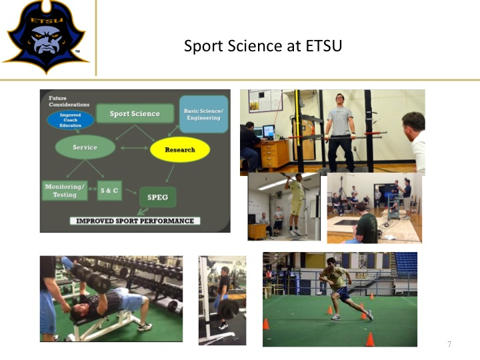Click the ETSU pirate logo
click(x=46, y=37)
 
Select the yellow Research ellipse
click(x=180, y=150)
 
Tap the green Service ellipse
click(x=85, y=147)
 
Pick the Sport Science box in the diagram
click(x=135, y=113)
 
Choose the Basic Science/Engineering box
click(x=204, y=114)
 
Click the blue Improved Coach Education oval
click(x=71, y=120)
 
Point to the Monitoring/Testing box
click(x=65, y=191)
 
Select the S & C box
click(x=109, y=191)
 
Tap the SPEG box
click(x=157, y=197)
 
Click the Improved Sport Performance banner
click(x=135, y=221)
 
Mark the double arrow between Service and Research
click(x=134, y=148)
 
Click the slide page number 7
click(x=449, y=345)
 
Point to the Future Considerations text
click(x=69, y=101)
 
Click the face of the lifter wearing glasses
click(x=340, y=100)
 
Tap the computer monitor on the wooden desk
click(x=269, y=131)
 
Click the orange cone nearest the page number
click(x=370, y=339)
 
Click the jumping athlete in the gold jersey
click(x=294, y=203)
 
